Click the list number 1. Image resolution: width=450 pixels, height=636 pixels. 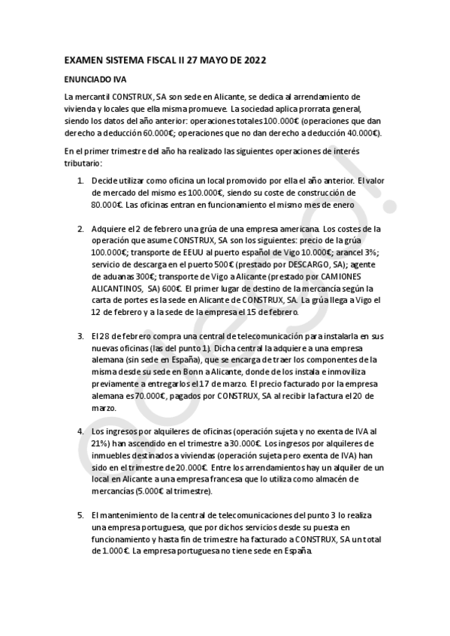tap(81, 181)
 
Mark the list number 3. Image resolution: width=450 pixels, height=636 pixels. tap(81, 337)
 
